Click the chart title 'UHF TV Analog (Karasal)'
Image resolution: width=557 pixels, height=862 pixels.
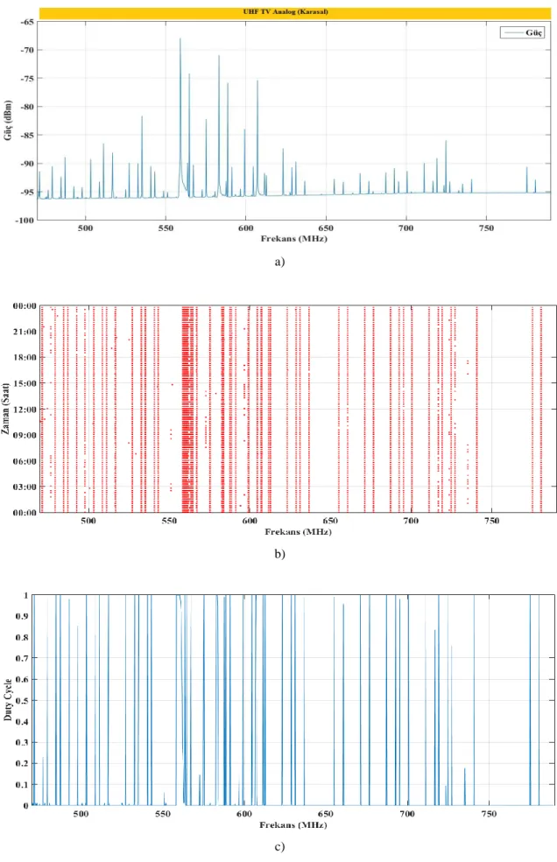coord(286,11)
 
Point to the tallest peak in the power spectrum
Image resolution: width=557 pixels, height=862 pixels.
coord(180,39)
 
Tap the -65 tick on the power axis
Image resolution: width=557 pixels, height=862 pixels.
coord(27,21)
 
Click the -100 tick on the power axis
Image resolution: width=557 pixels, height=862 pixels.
coord(25,220)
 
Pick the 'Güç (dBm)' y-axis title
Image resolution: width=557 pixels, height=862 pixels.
coord(8,120)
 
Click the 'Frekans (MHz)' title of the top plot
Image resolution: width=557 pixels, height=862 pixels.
coord(294,239)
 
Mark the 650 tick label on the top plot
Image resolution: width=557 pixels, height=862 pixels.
coord(326,228)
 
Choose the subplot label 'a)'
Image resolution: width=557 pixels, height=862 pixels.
coord(279,262)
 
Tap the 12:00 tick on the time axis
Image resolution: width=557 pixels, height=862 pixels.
coord(25,410)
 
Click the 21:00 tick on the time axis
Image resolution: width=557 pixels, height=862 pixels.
coord(25,332)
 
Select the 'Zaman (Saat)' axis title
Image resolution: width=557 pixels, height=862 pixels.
coord(5,409)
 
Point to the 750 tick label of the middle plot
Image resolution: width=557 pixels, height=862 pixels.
coord(491,521)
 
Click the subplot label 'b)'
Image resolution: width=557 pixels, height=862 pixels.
coord(279,554)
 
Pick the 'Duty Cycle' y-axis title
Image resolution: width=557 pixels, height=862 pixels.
coord(8,700)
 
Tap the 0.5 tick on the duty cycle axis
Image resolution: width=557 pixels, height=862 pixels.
coord(22,700)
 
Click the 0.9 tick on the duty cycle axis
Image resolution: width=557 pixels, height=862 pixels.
coord(22,616)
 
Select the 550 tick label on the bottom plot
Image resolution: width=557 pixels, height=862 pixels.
coord(162,814)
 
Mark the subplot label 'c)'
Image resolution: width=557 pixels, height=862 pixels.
coord(279,847)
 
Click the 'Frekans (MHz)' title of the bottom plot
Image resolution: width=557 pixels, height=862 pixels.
coord(293,824)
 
